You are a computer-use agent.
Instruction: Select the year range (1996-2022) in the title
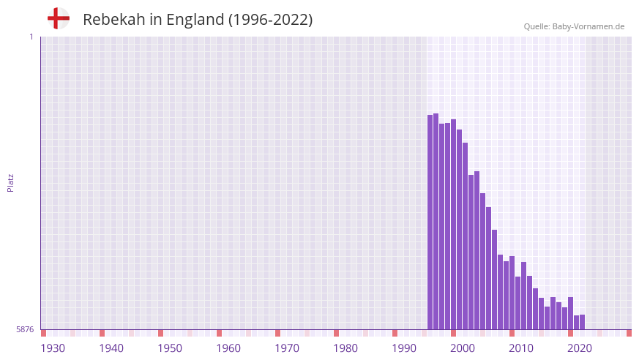(x=270, y=20)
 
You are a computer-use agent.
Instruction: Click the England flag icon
(x=58, y=18)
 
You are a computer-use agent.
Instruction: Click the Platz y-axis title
(x=10, y=183)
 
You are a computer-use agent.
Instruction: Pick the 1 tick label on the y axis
(x=31, y=37)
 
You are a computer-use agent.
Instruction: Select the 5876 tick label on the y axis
(x=25, y=330)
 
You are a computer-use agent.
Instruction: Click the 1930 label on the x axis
(x=53, y=348)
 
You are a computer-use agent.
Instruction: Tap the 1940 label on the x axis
(x=111, y=348)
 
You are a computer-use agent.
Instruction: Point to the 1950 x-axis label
(x=170, y=348)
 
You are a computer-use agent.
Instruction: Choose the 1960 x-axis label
(x=228, y=348)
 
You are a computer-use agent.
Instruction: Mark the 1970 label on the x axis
(x=287, y=348)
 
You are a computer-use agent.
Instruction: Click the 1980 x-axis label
(x=345, y=348)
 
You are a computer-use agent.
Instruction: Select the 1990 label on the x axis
(x=404, y=348)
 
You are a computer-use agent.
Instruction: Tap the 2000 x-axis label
(x=463, y=348)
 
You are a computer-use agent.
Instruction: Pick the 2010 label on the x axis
(x=521, y=348)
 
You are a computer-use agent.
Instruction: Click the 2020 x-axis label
(x=580, y=348)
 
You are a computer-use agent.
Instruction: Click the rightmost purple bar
(x=583, y=323)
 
